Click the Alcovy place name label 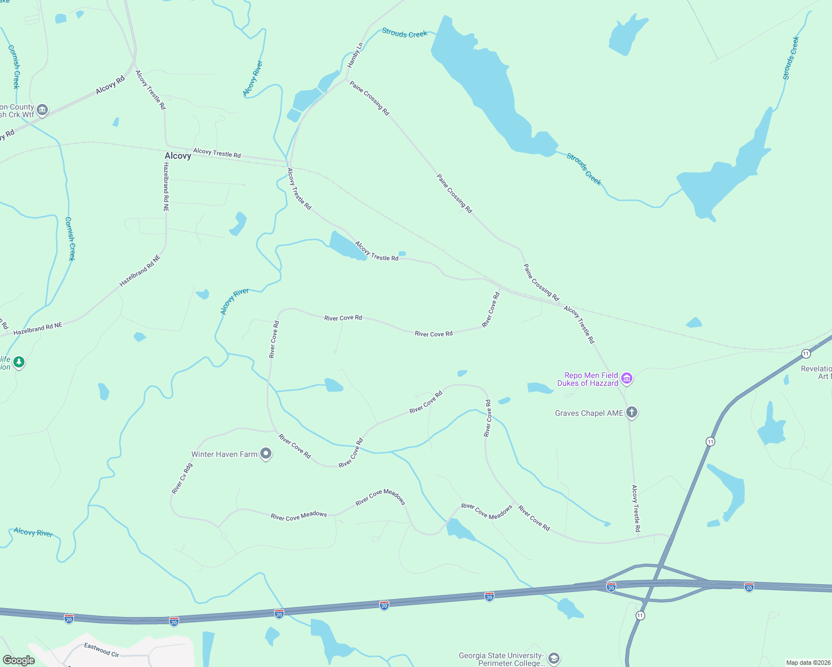tap(178, 156)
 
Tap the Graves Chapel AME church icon tap(631, 412)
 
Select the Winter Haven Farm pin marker tap(266, 454)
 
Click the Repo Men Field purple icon tap(627, 379)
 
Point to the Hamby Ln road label tap(355, 56)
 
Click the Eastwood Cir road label tap(102, 649)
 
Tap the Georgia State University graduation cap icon tap(553, 659)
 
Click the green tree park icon tap(19, 363)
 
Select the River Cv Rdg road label tap(182, 479)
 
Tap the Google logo tap(19, 660)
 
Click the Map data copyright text tap(807, 663)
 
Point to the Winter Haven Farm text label tap(224, 454)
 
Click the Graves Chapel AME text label tap(589, 413)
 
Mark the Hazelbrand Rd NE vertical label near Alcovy tap(166, 187)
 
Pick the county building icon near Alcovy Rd tap(42, 110)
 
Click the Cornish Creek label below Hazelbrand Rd tap(70, 238)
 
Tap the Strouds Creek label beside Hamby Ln tap(404, 33)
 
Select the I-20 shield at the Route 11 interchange tap(611, 587)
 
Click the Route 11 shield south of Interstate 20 tap(640, 615)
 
